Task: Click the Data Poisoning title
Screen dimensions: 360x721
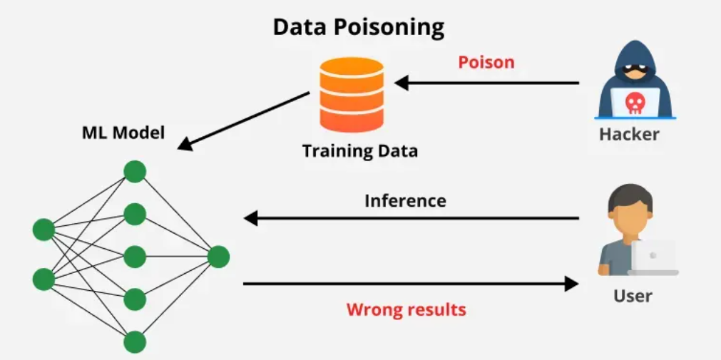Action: (359, 27)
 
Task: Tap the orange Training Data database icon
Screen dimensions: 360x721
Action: (352, 94)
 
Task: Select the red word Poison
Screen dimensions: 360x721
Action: (486, 62)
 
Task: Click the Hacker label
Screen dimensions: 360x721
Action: (629, 134)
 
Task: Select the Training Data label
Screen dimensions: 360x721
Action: (359, 151)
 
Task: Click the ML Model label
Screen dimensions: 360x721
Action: (123, 133)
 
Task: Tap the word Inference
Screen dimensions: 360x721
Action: (405, 201)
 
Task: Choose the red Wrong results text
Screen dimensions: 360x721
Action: (406, 309)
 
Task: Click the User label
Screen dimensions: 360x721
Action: (633, 295)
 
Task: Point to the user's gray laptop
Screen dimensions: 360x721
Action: (653, 257)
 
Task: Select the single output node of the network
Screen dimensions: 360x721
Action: (218, 257)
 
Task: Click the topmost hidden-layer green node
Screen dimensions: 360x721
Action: (135, 172)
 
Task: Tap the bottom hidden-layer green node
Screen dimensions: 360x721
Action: (135, 342)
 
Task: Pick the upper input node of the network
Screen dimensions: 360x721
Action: (44, 230)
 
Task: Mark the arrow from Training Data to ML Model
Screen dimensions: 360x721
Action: (243, 120)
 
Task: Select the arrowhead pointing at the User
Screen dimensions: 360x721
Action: (571, 284)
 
